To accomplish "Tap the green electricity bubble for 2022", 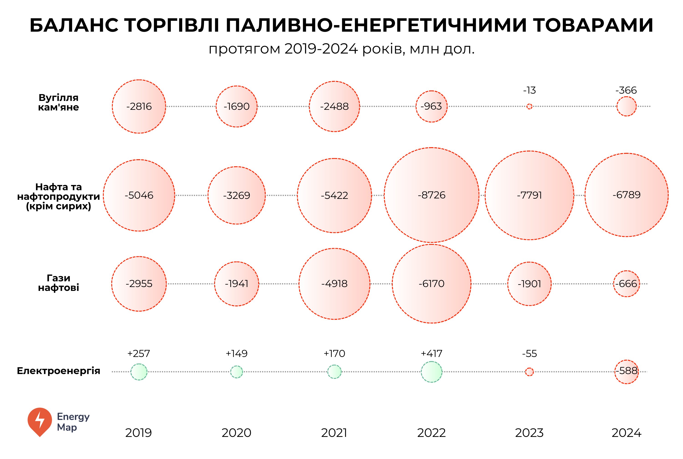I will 431,372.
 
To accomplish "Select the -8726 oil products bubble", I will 431,195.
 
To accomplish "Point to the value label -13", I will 529,90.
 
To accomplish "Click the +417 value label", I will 431,354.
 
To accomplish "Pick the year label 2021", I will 334,433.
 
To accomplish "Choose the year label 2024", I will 626,433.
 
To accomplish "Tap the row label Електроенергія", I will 59,371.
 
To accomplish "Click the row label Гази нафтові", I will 59,283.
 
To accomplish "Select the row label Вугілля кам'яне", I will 59,103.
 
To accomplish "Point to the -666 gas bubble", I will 626,284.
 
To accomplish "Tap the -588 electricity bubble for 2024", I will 626,372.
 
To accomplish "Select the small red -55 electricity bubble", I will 529,372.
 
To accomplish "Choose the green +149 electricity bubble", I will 236,372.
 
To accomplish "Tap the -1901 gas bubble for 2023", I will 529,284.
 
